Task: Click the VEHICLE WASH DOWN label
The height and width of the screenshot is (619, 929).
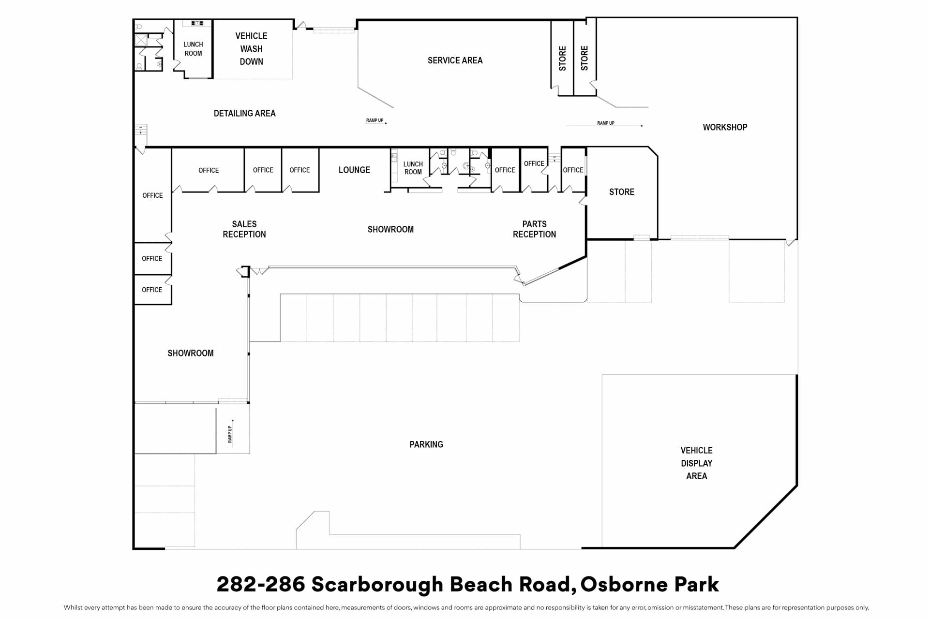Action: (251, 49)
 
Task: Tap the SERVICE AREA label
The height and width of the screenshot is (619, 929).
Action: (455, 60)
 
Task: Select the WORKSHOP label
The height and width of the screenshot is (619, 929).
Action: (725, 127)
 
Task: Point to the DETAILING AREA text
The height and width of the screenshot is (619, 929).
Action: (244, 113)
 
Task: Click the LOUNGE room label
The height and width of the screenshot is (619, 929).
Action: (354, 170)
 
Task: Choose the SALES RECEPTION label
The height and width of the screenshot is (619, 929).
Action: (244, 229)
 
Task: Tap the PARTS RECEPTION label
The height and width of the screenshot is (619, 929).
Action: (534, 229)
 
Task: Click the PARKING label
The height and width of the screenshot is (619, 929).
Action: (426, 444)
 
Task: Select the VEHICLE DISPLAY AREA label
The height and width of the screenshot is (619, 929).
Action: (696, 463)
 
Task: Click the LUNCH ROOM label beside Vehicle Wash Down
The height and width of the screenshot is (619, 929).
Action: (193, 49)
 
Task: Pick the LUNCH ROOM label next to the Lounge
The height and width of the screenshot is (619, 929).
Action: (413, 168)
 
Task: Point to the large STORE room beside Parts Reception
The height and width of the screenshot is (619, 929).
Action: (621, 192)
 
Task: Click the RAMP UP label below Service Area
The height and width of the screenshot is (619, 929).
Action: (375, 120)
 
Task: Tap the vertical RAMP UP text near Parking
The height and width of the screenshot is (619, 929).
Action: (230, 434)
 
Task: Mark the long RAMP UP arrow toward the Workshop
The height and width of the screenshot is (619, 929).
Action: (605, 126)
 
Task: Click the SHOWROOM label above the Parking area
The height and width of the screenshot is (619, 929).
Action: (390, 229)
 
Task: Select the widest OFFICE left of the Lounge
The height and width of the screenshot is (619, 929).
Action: (209, 170)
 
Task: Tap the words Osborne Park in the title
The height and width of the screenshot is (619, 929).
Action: (649, 584)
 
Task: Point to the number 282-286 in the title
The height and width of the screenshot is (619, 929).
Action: (261, 584)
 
